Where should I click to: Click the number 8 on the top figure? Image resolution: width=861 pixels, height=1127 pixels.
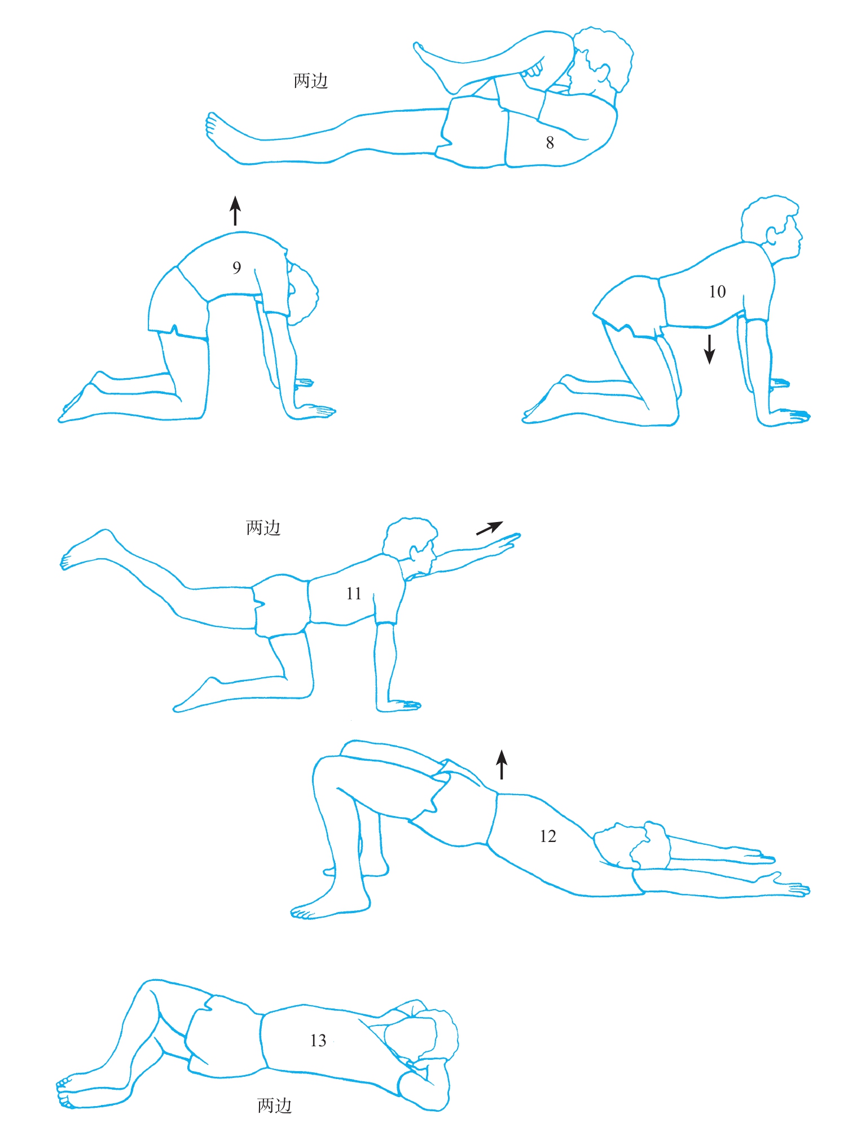pyautogui.click(x=550, y=143)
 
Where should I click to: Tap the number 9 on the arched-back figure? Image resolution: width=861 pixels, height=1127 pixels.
pyautogui.click(x=237, y=268)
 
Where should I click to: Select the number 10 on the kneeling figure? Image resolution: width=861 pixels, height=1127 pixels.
pyautogui.click(x=717, y=292)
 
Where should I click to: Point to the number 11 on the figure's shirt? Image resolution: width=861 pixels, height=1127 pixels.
pyautogui.click(x=354, y=594)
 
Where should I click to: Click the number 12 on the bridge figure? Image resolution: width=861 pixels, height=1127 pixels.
pyautogui.click(x=548, y=836)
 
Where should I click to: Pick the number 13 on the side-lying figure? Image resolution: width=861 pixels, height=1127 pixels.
pyautogui.click(x=318, y=1041)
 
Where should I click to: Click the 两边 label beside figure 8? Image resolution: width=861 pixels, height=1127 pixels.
pyautogui.click(x=310, y=81)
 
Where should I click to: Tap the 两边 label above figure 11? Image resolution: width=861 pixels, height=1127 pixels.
pyautogui.click(x=263, y=528)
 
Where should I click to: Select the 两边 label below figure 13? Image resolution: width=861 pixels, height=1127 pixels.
pyautogui.click(x=275, y=1106)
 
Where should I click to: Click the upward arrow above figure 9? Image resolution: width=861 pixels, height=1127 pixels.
pyautogui.click(x=235, y=211)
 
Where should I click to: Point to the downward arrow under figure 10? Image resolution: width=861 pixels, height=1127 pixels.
pyautogui.click(x=709, y=349)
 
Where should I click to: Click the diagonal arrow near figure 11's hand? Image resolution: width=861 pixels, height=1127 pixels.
pyautogui.click(x=489, y=528)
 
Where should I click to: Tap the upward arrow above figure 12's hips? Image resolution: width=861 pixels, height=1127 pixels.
pyautogui.click(x=502, y=765)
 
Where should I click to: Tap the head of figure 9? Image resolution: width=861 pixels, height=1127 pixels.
pyautogui.click(x=301, y=296)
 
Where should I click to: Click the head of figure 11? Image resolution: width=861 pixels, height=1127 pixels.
pyautogui.click(x=411, y=544)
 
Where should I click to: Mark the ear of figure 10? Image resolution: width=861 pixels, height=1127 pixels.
pyautogui.click(x=771, y=235)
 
